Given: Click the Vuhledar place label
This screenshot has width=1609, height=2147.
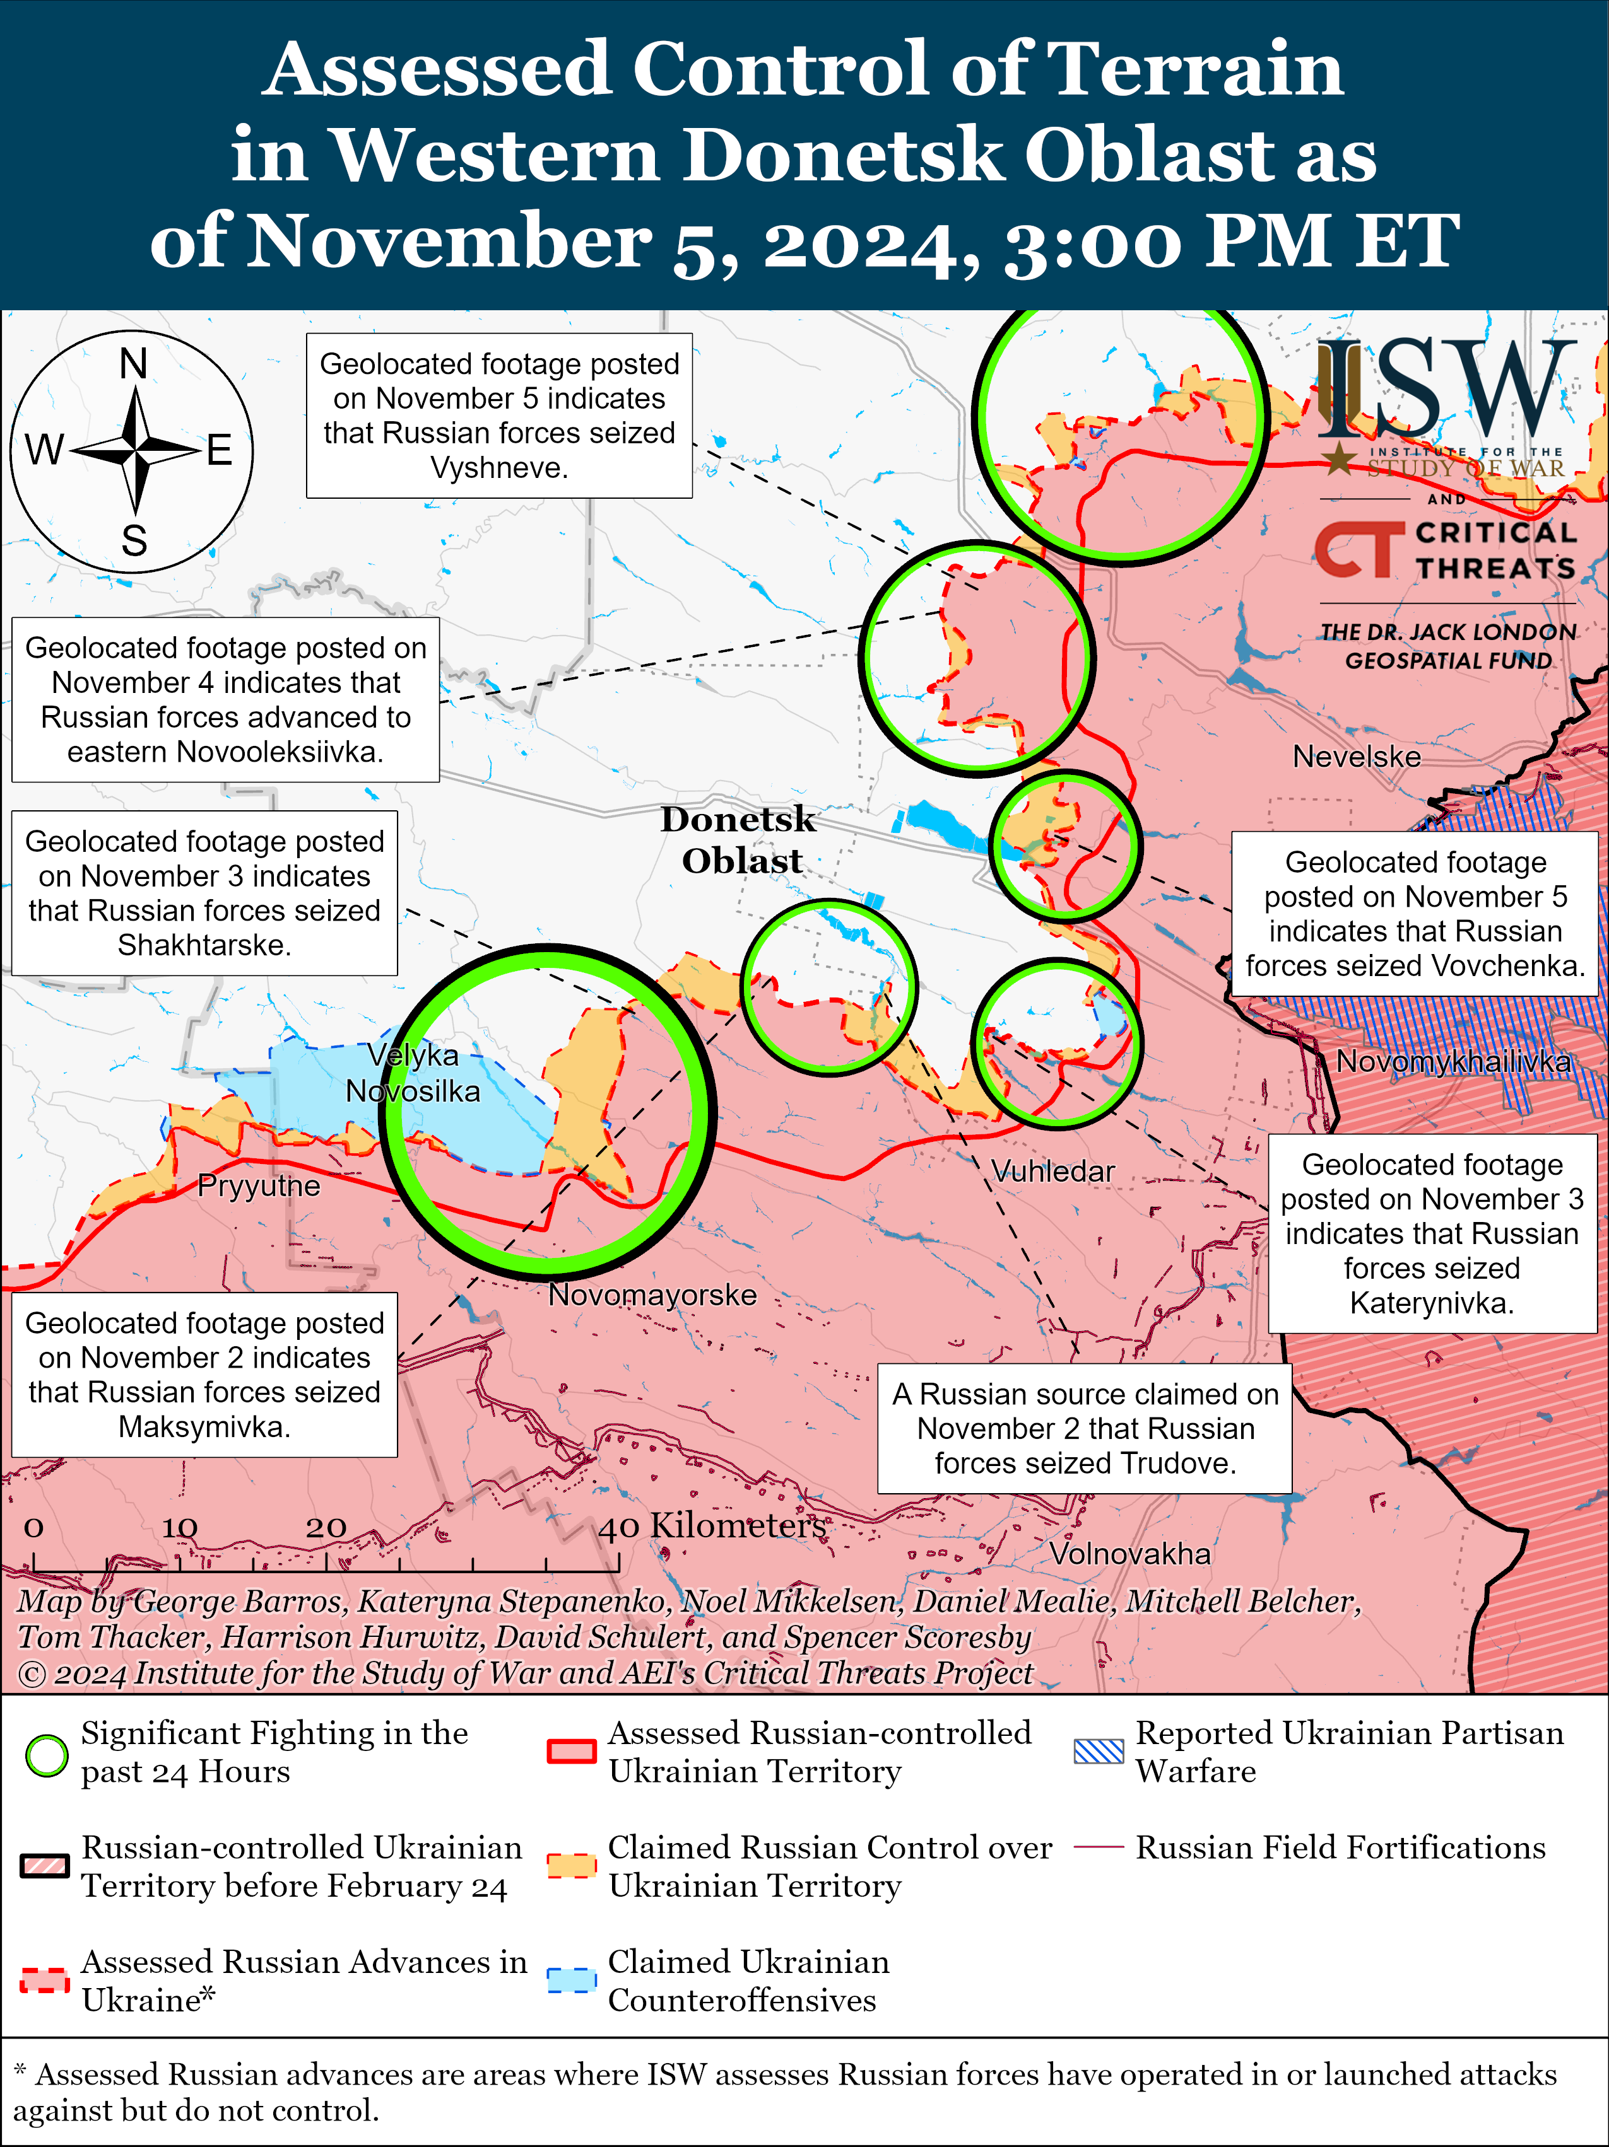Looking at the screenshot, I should (1052, 1172).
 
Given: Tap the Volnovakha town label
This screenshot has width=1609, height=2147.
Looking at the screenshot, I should (1129, 1554).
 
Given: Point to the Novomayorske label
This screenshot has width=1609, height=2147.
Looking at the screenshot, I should (652, 1295).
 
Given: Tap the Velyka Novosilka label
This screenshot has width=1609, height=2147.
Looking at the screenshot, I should (413, 1073).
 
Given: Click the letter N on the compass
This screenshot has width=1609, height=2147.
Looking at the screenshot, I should (133, 364).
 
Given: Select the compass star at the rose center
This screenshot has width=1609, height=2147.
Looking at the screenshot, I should (135, 450).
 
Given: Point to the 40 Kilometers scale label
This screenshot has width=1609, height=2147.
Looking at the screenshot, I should (712, 1526).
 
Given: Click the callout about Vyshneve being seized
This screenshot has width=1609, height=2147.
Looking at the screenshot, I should (499, 416).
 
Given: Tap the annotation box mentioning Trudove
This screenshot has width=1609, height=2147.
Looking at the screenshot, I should (1085, 1428).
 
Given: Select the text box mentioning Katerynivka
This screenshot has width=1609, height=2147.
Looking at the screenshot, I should (1432, 1233).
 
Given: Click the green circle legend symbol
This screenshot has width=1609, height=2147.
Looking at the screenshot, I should (45, 1755).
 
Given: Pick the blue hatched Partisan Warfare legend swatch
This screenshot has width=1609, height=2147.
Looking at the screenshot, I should (1099, 1751).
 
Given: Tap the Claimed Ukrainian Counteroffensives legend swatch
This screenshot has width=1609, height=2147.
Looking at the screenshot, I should (571, 1980).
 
